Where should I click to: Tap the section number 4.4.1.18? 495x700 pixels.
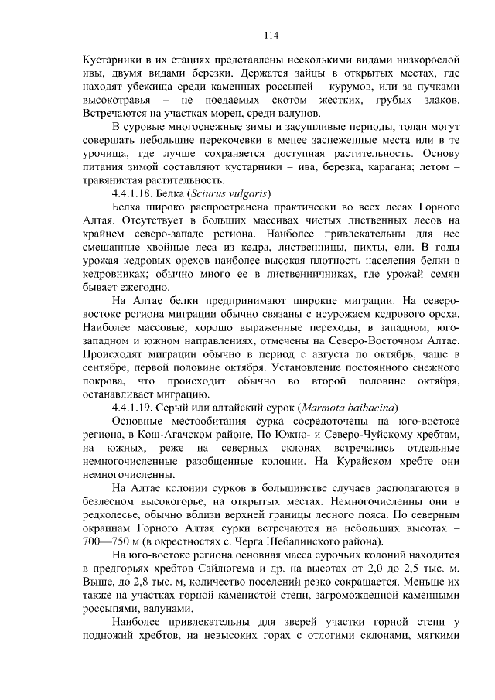click(x=135, y=192)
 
